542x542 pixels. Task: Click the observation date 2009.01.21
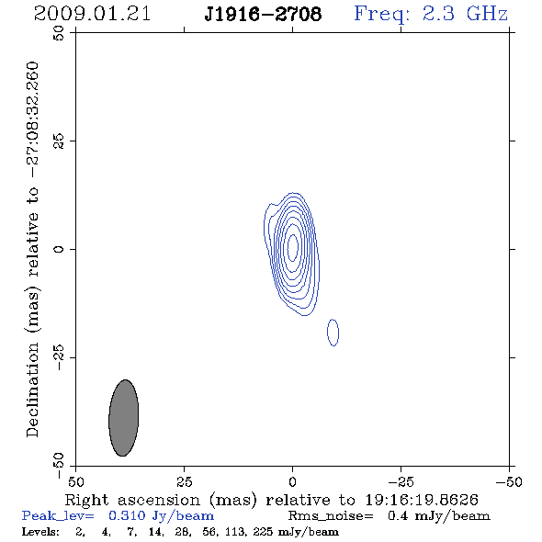(92, 14)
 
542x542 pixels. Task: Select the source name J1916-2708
(263, 14)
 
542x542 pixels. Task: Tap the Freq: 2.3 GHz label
(431, 14)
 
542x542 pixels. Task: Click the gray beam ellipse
(124, 418)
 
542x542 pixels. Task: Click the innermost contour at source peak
(293, 247)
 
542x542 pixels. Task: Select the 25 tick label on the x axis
(184, 481)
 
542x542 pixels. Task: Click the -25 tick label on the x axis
(400, 481)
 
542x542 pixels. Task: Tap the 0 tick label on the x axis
(292, 481)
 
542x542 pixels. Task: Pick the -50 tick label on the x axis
(509, 481)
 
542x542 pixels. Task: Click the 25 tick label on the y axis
(59, 141)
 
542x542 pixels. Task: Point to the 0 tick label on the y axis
(59, 249)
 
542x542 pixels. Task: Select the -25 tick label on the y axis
(59, 357)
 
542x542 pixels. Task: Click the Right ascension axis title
(271, 500)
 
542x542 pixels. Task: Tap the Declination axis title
(33, 249)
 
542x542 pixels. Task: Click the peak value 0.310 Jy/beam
(162, 515)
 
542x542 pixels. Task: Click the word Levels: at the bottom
(40, 531)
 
